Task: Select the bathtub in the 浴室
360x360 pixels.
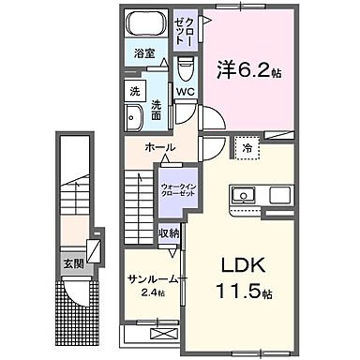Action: pos(146,25)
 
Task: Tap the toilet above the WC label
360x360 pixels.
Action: pos(185,67)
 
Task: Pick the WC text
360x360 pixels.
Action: pos(184,92)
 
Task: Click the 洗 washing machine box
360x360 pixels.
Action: pos(133,92)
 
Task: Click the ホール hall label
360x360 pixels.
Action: pos(159,147)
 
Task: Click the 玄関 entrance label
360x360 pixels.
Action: pos(73,264)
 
